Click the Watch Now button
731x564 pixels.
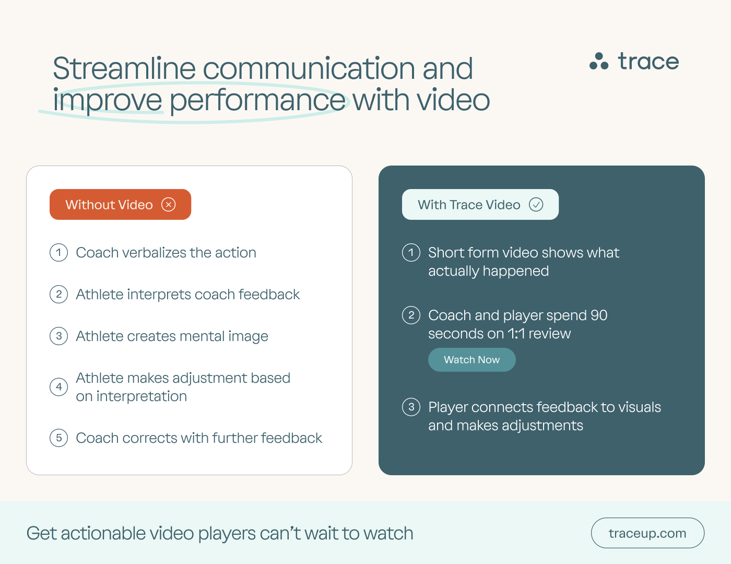tap(471, 360)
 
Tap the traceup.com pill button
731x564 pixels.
tap(647, 533)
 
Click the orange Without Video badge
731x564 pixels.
tap(120, 205)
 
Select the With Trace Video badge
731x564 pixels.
tap(480, 205)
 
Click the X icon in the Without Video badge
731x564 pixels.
tap(169, 205)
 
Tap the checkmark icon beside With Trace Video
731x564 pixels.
tap(536, 205)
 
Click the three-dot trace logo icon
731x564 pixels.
tap(599, 62)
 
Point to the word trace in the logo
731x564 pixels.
tap(648, 62)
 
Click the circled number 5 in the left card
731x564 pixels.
tap(59, 438)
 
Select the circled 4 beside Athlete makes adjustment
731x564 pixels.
tap(59, 387)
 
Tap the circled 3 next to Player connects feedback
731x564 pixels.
tap(411, 407)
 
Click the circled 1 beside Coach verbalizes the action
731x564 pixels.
tap(59, 253)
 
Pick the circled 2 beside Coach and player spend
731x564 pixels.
tap(411, 315)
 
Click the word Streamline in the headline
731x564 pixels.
tap(124, 69)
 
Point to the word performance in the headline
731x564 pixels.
tap(257, 100)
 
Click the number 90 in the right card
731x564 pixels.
tap(599, 315)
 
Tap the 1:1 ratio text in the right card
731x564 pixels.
tap(516, 334)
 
